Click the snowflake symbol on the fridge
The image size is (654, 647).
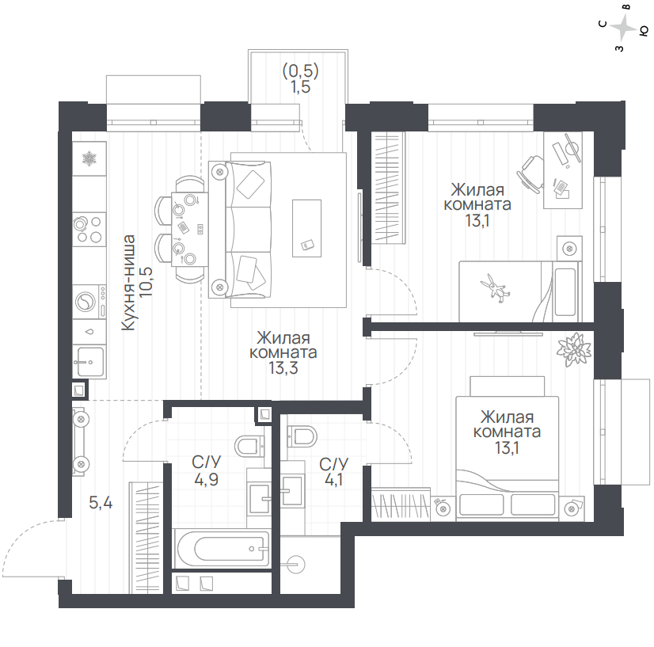(x=89, y=158)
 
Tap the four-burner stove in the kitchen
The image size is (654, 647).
(x=89, y=229)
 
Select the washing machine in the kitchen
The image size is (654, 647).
(x=89, y=302)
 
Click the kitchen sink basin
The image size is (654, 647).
(x=89, y=362)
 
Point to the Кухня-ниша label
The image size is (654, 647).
(x=129, y=283)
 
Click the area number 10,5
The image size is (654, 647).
(x=146, y=282)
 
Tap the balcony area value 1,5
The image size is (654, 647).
(x=300, y=87)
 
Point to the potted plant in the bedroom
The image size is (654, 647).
(x=574, y=349)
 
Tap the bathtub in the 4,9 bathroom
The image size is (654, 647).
(x=222, y=548)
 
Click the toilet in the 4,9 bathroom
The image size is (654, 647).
(x=249, y=447)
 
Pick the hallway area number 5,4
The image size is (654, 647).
(x=101, y=503)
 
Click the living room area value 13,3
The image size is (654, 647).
(x=283, y=367)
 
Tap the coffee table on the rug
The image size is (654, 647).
(x=306, y=228)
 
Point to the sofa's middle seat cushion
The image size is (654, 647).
(x=249, y=229)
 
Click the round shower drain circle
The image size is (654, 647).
(x=296, y=565)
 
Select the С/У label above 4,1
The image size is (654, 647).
(x=333, y=463)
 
